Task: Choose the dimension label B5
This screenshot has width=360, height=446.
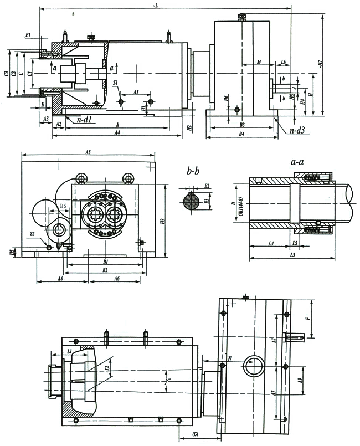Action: tap(64, 207)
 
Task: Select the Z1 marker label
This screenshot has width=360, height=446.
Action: tap(115, 83)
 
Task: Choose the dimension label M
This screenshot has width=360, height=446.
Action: tap(259, 63)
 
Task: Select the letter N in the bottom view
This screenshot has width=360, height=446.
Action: tap(229, 358)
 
